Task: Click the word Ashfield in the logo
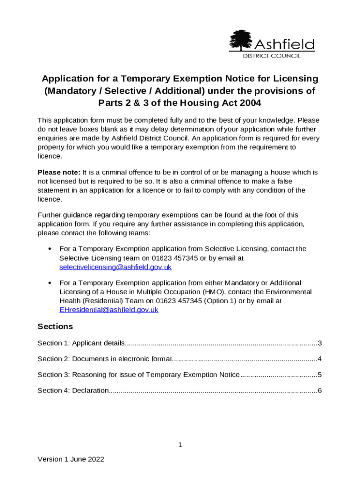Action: (x=284, y=44)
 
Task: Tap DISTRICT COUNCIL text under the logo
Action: (x=272, y=56)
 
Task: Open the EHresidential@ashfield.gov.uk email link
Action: (x=108, y=310)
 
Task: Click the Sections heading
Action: (x=55, y=326)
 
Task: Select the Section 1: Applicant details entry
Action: (x=81, y=343)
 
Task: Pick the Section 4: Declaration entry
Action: (x=73, y=390)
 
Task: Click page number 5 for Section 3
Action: (x=319, y=375)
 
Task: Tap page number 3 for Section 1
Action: (x=319, y=343)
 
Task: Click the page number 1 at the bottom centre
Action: (x=180, y=445)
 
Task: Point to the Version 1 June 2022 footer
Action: (x=71, y=459)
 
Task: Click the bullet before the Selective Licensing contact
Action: (x=49, y=249)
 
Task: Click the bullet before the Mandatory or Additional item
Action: (x=49, y=283)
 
